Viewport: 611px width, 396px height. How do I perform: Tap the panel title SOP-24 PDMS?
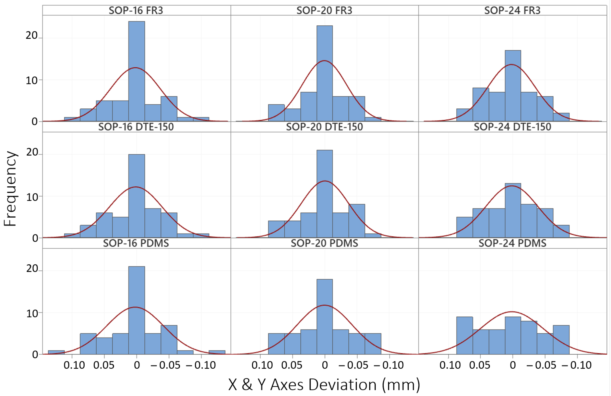tap(512, 243)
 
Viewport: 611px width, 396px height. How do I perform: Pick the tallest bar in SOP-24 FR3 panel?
tap(513, 86)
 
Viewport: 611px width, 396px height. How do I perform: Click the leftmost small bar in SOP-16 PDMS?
tap(56, 352)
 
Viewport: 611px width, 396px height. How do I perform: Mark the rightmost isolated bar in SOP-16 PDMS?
tap(217, 352)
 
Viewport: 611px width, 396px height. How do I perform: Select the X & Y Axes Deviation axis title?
tap(324, 385)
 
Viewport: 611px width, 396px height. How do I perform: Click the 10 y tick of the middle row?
tap(32, 197)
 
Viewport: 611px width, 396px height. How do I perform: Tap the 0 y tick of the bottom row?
tap(35, 355)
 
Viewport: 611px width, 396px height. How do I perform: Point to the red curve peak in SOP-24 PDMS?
tap(512, 312)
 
